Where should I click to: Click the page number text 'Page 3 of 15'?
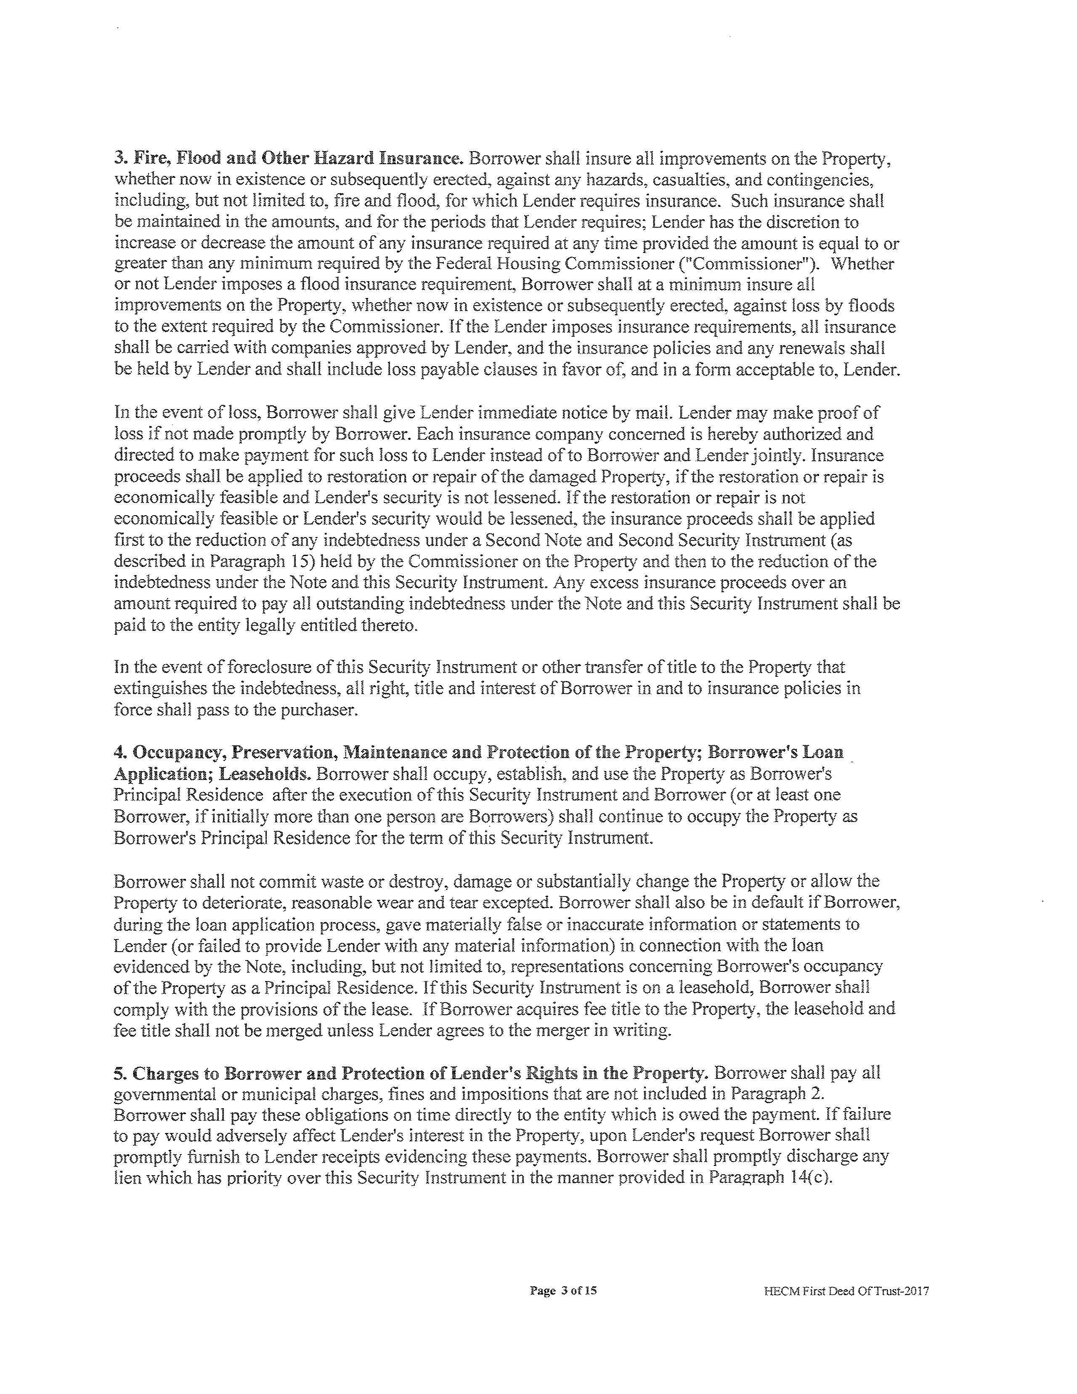click(563, 1290)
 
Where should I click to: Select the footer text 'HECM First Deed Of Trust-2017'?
click(846, 1291)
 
